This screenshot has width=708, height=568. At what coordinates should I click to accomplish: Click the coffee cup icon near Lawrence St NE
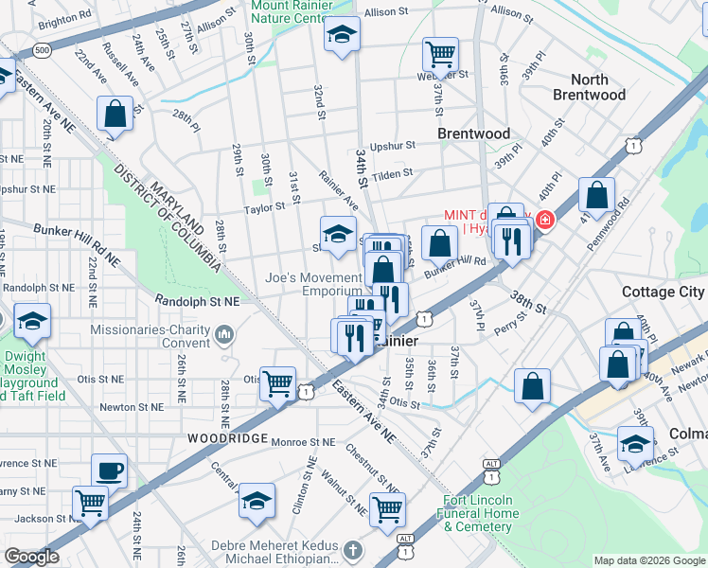coord(109,470)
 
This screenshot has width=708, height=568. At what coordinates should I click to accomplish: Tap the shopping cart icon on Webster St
coord(440,53)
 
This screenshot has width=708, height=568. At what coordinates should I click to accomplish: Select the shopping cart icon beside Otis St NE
coord(277,384)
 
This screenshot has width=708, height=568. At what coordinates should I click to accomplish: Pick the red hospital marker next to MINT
coord(544,222)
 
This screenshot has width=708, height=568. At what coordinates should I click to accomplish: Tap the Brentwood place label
coord(473,134)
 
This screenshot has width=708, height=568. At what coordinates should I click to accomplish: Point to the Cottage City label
coord(663,293)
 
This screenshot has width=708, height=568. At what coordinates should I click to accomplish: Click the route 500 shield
coord(41,49)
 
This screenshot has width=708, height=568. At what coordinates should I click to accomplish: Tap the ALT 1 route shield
coord(490,464)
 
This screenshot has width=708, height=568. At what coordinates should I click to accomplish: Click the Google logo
coord(32,557)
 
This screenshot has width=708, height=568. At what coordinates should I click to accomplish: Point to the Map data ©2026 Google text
coord(648,560)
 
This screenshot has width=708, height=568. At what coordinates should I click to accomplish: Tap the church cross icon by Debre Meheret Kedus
coord(351,550)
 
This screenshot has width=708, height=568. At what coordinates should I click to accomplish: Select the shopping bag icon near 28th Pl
coord(115,115)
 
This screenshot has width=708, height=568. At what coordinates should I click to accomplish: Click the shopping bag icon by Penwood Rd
coord(597,196)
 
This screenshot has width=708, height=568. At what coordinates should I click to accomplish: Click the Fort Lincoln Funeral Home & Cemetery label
coord(478,513)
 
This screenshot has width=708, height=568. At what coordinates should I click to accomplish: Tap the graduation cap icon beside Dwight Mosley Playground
coord(32,321)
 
